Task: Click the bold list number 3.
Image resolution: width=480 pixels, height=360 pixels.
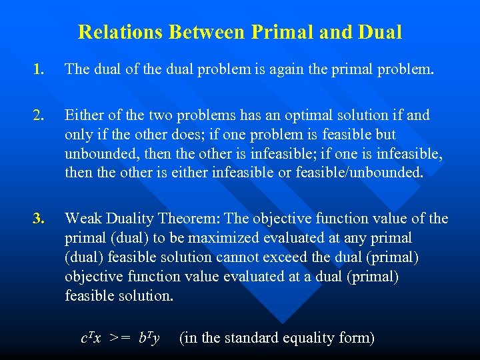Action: tap(41, 219)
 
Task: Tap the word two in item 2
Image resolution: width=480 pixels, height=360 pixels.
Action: tap(169, 115)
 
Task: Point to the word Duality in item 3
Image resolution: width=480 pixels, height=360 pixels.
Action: tap(131, 219)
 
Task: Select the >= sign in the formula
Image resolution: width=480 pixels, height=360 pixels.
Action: tap(121, 339)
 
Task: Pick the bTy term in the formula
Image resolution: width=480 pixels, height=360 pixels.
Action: tap(149, 339)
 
